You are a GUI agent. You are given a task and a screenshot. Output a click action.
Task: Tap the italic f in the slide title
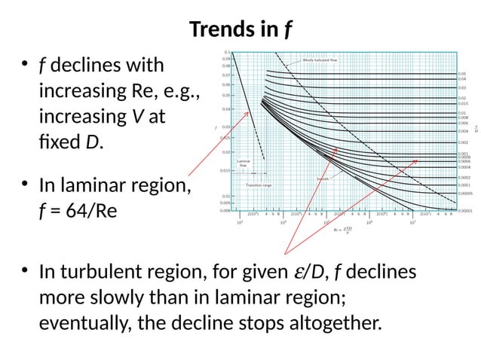[x=288, y=30]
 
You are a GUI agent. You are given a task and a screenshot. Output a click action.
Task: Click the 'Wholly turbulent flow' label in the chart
[x=320, y=60]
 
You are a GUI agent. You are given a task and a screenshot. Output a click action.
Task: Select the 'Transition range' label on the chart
[x=259, y=185]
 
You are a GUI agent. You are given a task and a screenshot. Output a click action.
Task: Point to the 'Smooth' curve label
[x=322, y=178]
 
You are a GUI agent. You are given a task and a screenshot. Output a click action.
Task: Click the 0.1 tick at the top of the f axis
[x=227, y=52]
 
